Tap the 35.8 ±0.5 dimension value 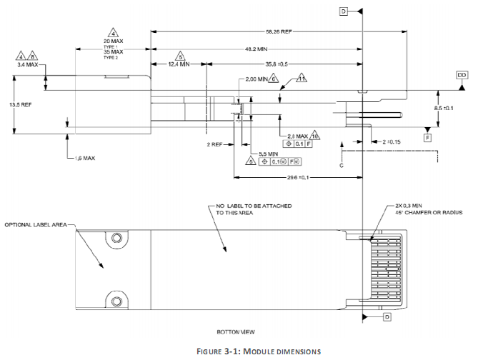click(280, 64)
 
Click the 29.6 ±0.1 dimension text click(299, 178)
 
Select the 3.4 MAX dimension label click(29, 64)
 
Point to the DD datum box click(462, 74)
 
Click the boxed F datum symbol click(427, 136)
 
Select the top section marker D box click(343, 11)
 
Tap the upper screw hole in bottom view click(113, 236)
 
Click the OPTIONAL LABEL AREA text click(36, 224)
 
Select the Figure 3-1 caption click(238, 351)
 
